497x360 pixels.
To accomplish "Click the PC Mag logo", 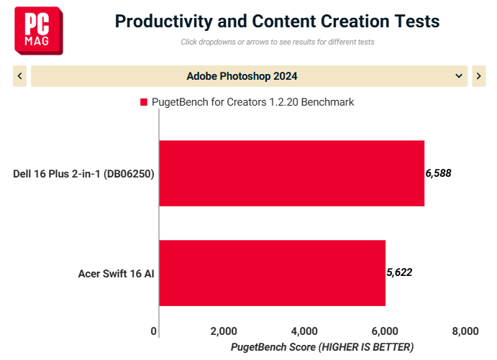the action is coord(39,31).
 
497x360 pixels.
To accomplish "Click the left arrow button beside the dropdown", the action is coord(19,76).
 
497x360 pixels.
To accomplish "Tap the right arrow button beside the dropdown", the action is coord(478,76).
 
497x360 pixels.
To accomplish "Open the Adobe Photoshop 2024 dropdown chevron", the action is coord(458,76).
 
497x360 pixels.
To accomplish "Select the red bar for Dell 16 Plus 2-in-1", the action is coord(291,173).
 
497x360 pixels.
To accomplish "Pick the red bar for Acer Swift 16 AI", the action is coord(273,273).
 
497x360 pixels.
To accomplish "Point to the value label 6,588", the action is coord(438,173).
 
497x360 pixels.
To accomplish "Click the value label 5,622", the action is coord(399,272).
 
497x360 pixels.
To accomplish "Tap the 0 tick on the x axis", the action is coord(154,331).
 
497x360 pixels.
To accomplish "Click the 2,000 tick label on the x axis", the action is coord(224,331).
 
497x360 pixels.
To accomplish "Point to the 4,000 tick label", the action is coord(304,331).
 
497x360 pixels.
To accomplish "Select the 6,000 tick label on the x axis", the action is coord(385,331).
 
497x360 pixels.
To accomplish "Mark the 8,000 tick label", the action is coord(465,331).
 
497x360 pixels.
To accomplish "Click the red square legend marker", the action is coord(144,102).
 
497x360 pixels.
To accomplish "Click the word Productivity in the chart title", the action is coord(163,22).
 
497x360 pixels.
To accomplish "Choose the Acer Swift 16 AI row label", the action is coord(116,274).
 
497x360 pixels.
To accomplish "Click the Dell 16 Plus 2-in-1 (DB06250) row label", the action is coord(83,174).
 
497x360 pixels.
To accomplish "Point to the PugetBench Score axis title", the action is coord(322,347).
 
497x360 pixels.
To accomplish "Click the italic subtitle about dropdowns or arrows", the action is coord(278,42).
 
